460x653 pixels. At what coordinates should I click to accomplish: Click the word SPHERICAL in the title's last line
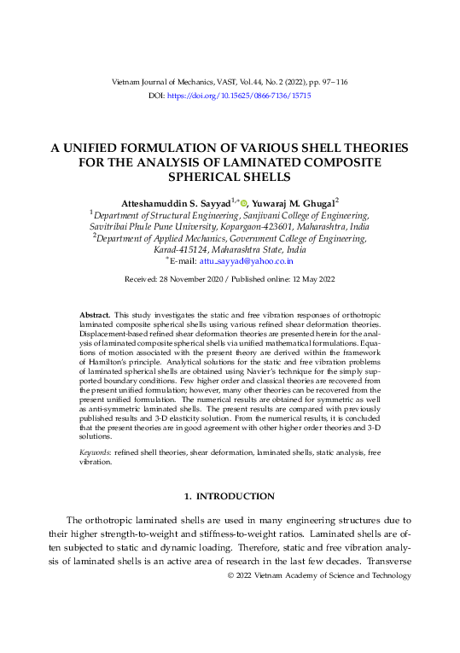[212, 177]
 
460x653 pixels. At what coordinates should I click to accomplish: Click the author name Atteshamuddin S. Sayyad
[175, 204]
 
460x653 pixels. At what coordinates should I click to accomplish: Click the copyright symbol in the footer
[230, 575]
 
